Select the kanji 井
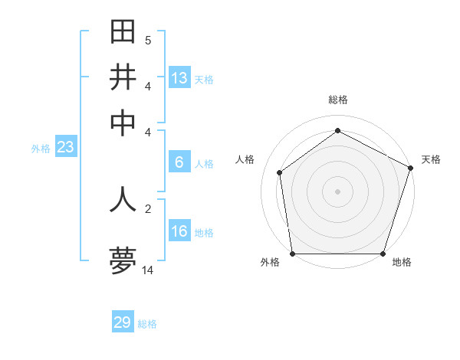coord(123,77)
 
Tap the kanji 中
coord(123,123)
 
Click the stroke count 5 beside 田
coord(148,40)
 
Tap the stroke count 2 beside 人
coord(148,208)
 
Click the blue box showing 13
coord(179,78)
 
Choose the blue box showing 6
coord(179,162)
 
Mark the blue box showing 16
coord(179,231)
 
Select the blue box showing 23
coord(65,147)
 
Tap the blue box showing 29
coord(123,322)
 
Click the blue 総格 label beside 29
coord(147,324)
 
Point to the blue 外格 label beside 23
coord(40,149)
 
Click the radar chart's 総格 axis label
coord(337,100)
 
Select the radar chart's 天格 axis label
coord(431,159)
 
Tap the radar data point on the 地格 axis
coord(383,254)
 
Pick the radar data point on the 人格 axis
coord(280,172)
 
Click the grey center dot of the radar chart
coord(337,191)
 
